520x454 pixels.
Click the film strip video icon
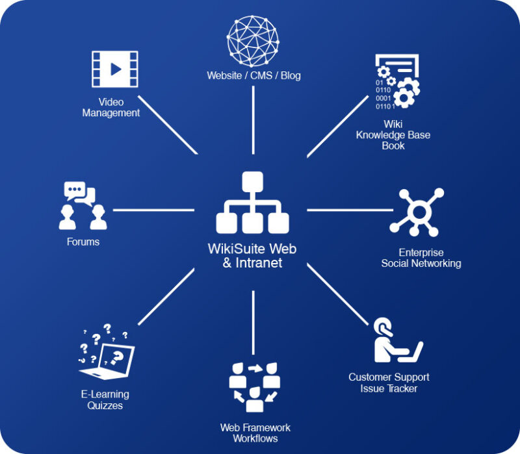pos(115,69)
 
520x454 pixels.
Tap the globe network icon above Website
pos(253,40)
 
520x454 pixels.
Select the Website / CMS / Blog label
pos(253,75)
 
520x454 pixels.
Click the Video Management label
pos(111,107)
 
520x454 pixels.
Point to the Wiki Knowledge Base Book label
pos(393,135)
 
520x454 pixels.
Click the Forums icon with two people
pos(83,205)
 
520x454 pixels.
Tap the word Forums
pos(83,242)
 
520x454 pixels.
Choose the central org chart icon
pos(252,203)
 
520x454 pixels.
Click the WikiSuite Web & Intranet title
pos(252,256)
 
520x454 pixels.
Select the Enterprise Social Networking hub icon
pos(417,212)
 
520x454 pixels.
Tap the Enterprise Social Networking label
pos(421,258)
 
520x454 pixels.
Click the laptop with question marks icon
pos(107,351)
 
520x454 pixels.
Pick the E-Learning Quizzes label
pos(105,399)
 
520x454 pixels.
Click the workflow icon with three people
pos(255,387)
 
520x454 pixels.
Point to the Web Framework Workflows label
pos(255,433)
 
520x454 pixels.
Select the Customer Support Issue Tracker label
pos(389,383)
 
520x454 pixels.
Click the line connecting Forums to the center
pos(153,210)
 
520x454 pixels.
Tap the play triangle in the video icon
pos(116,69)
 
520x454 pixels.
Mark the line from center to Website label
pos(253,120)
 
